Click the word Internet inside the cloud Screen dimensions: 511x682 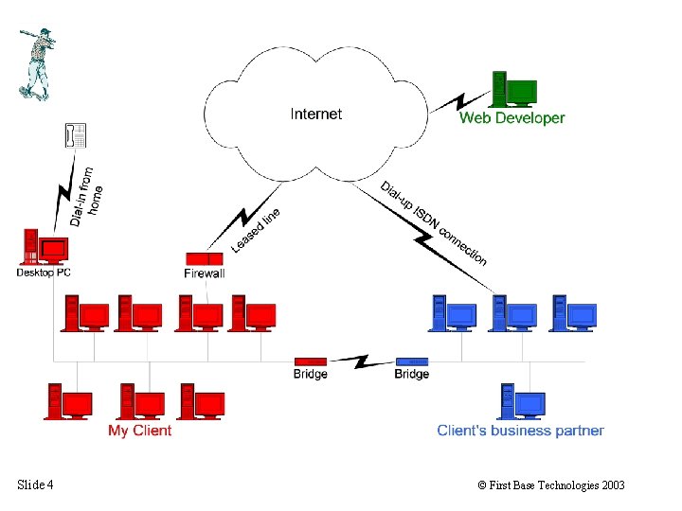click(x=315, y=114)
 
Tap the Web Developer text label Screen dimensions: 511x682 click(x=511, y=118)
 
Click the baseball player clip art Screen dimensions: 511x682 click(x=36, y=62)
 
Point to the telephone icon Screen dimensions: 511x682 click(x=76, y=135)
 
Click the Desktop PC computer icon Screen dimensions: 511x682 click(x=45, y=248)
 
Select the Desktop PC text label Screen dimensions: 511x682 click(x=44, y=273)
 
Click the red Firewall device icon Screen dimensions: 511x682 click(x=204, y=258)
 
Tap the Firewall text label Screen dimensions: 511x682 click(x=205, y=273)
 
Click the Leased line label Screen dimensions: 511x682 click(x=256, y=230)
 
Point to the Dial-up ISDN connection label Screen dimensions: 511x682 click(x=433, y=222)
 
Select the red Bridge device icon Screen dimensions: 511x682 click(x=310, y=361)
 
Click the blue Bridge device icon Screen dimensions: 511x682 click(x=411, y=361)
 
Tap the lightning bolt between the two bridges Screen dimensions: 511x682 click(x=360, y=361)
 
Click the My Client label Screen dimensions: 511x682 click(x=139, y=431)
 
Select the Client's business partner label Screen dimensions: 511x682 click(x=520, y=431)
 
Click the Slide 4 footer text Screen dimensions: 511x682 click(x=35, y=485)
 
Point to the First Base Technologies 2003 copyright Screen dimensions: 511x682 click(x=551, y=485)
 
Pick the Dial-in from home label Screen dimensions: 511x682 click(x=84, y=198)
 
